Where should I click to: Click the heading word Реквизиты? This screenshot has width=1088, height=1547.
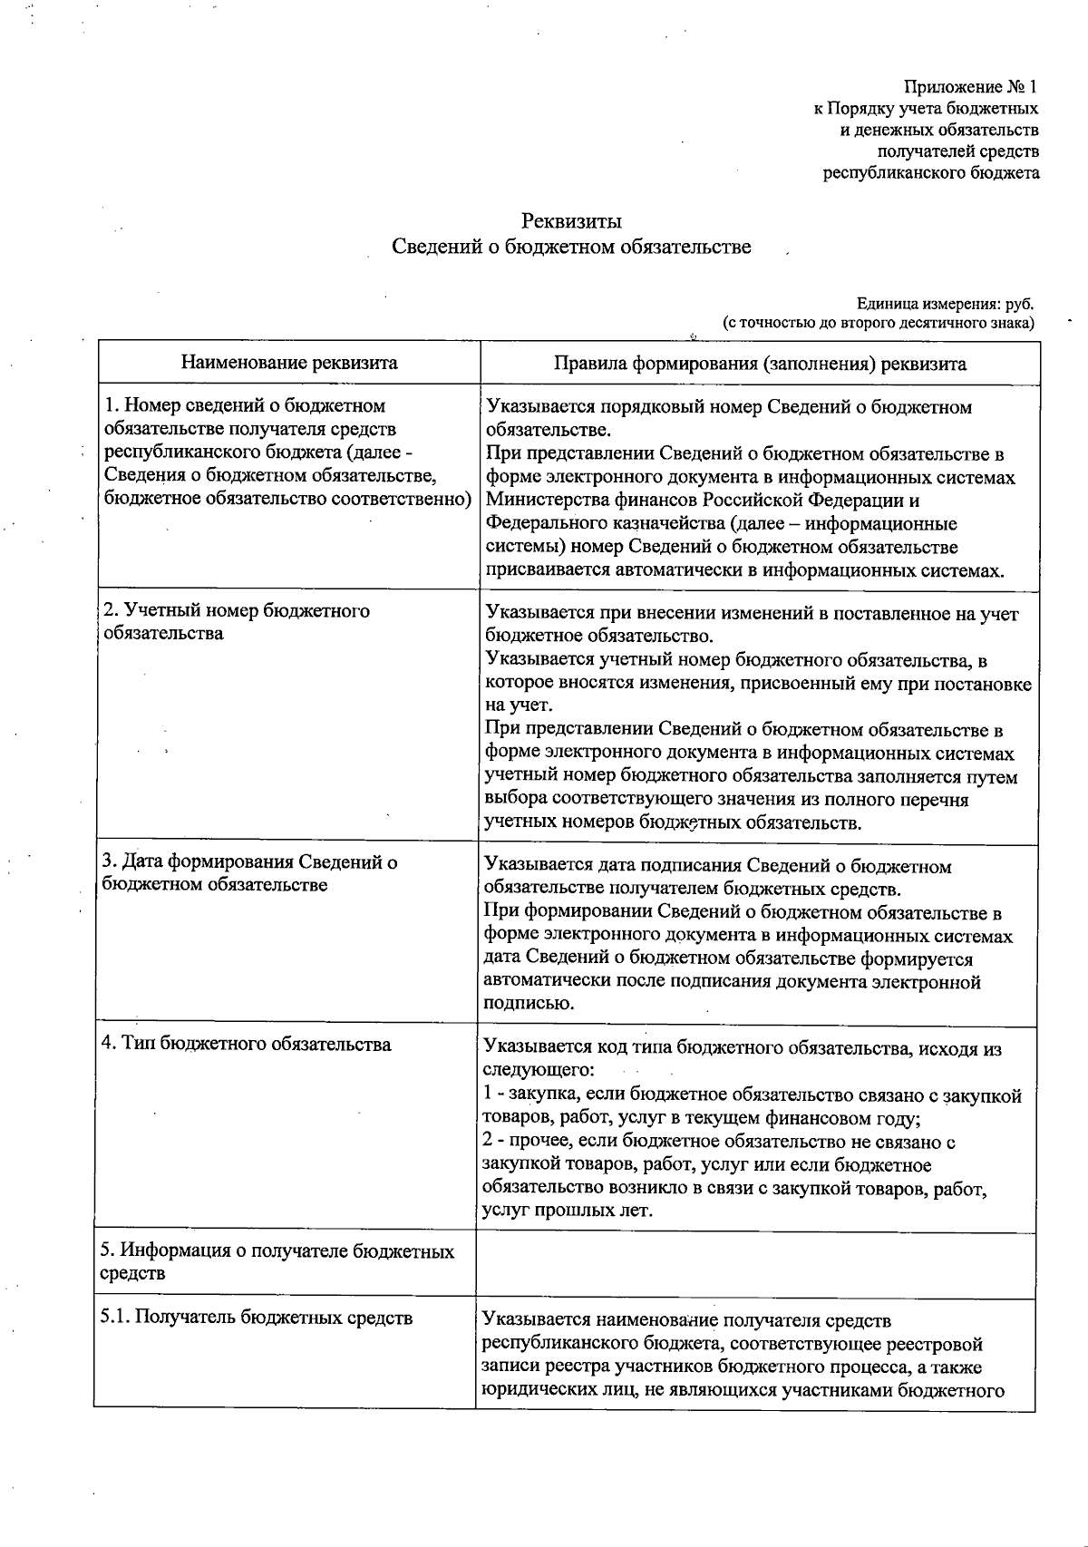[571, 220]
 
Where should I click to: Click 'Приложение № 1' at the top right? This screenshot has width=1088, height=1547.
[969, 87]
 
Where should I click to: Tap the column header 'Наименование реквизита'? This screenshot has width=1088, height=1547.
[289, 363]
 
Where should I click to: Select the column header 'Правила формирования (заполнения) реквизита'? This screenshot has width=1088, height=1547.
[760, 364]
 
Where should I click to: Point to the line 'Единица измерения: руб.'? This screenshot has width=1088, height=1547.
[945, 304]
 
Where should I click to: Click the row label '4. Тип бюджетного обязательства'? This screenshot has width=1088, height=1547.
[247, 1044]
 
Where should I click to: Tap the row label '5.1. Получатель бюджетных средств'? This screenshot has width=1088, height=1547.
[257, 1318]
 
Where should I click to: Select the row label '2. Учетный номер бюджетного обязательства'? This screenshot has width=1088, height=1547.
[237, 621]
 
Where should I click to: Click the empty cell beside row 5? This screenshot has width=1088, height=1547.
[755, 1262]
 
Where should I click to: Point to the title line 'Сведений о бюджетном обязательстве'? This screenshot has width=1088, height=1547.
[571, 247]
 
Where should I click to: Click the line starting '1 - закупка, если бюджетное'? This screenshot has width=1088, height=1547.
[753, 1095]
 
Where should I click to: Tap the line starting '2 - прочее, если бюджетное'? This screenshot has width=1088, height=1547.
[719, 1142]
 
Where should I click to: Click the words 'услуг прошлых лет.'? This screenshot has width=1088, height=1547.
[568, 1211]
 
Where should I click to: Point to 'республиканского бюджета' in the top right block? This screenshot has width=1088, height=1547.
[931, 172]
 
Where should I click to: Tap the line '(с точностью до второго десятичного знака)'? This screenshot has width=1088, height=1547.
[878, 322]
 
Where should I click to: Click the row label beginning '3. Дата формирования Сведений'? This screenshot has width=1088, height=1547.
[250, 872]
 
